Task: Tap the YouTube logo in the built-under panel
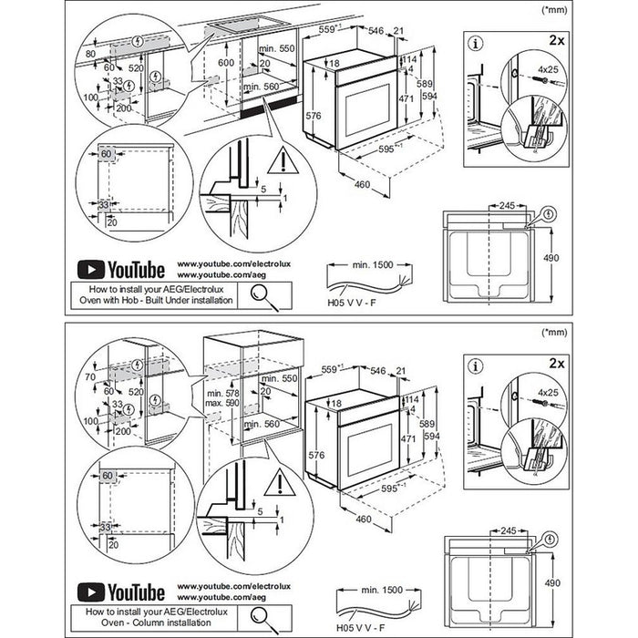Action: point(120,269)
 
